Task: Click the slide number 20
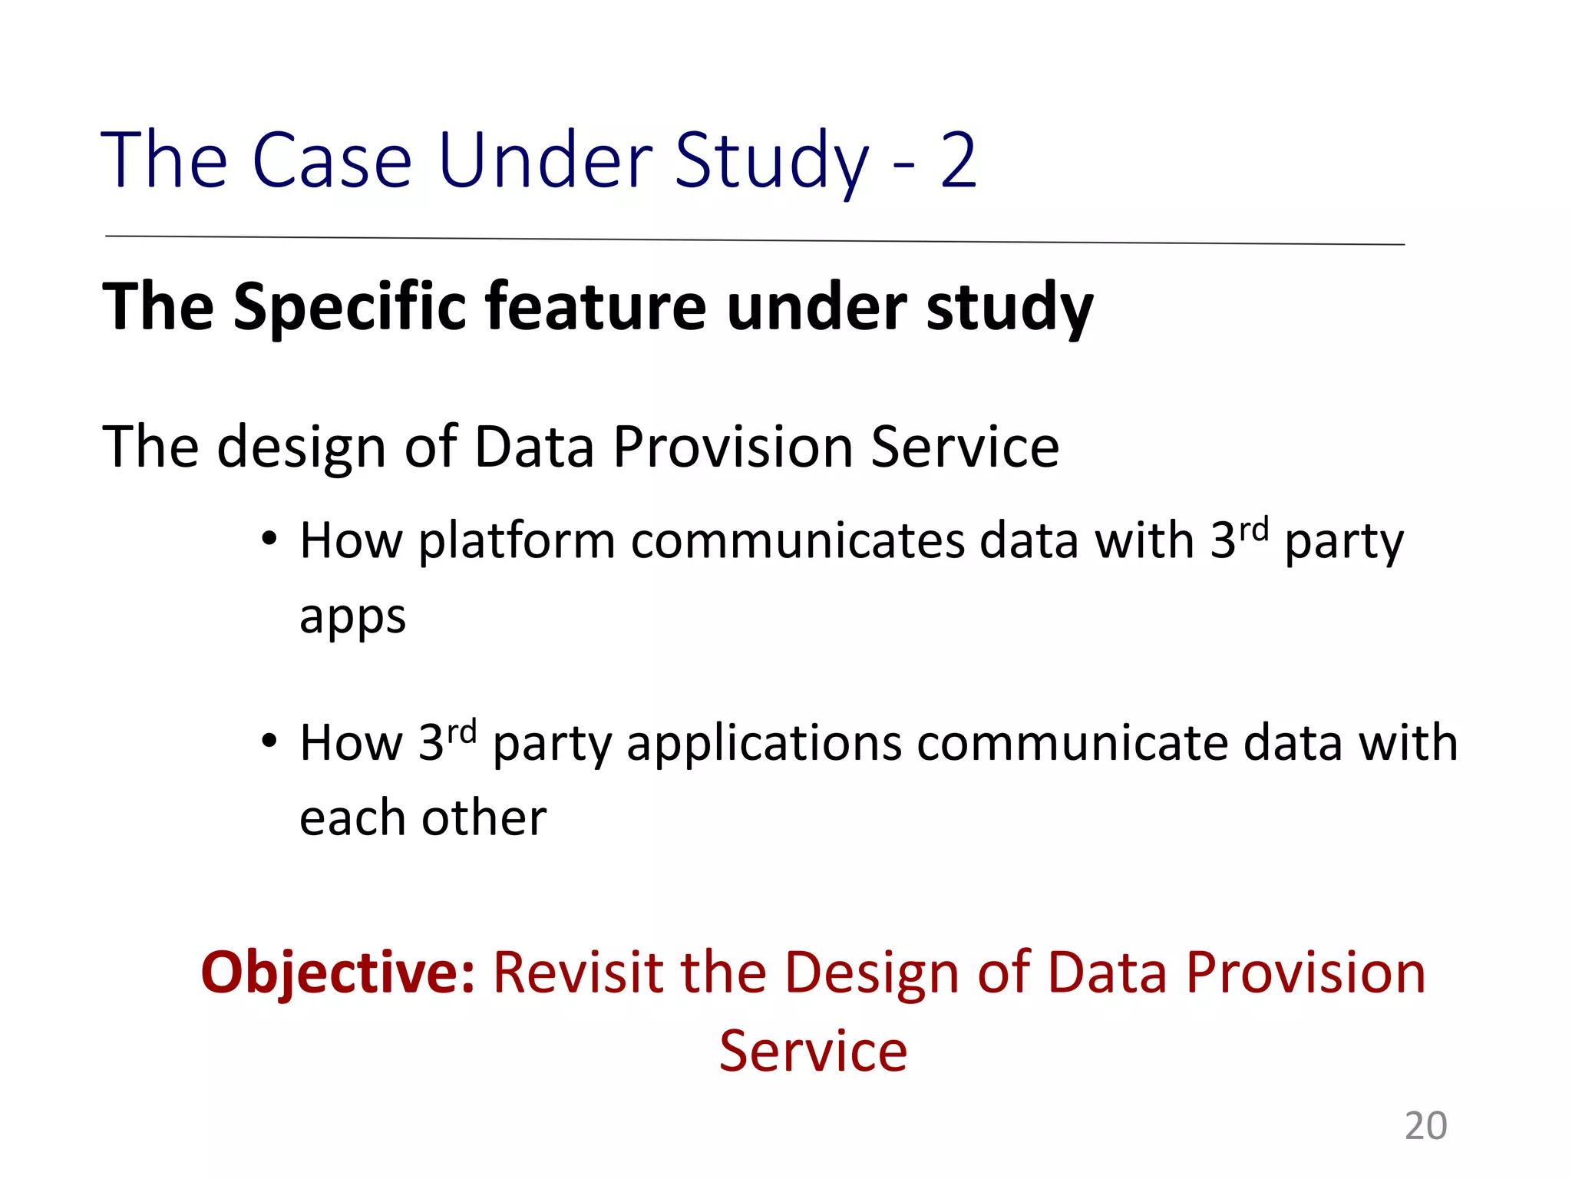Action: point(1425,1126)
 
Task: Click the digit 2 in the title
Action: point(958,160)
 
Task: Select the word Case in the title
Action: point(332,160)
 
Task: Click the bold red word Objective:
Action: point(338,973)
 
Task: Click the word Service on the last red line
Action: point(813,1051)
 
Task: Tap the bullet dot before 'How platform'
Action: point(268,540)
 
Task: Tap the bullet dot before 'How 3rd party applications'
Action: point(268,741)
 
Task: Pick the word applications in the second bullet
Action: point(764,745)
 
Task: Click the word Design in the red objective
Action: point(871,973)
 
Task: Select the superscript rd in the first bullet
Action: point(1254,529)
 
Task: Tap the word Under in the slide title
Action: point(545,160)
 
